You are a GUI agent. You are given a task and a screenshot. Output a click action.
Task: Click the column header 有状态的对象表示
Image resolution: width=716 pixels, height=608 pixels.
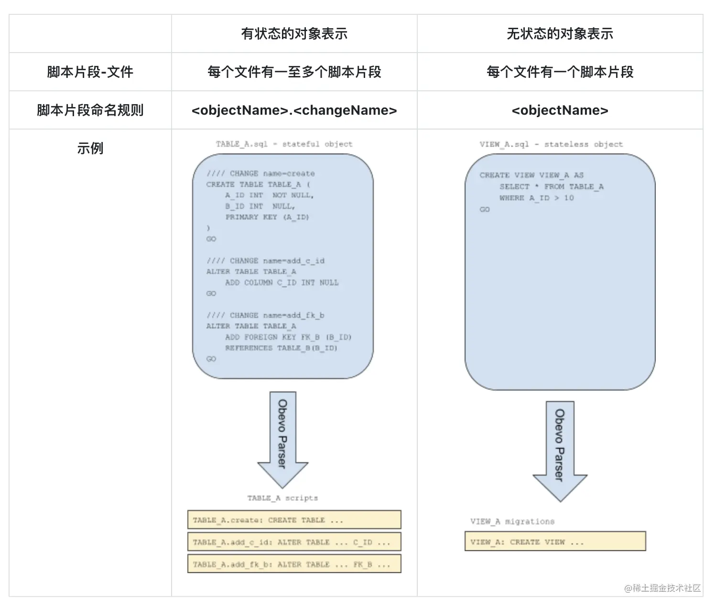(x=294, y=34)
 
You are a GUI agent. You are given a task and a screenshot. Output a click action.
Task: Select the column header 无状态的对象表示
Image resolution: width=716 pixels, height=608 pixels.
(x=560, y=34)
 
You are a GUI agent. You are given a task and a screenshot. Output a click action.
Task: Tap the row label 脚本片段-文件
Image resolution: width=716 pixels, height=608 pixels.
(x=90, y=72)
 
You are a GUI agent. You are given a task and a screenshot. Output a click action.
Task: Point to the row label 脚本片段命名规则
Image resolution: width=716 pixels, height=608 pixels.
(x=90, y=110)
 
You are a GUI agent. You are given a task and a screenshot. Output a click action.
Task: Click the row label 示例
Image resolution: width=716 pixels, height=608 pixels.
(x=90, y=149)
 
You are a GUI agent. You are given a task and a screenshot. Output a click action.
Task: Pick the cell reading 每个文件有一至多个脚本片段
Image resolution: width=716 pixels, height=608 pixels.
(x=294, y=72)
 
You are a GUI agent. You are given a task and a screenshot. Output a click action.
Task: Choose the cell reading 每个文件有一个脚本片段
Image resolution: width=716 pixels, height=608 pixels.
(x=560, y=72)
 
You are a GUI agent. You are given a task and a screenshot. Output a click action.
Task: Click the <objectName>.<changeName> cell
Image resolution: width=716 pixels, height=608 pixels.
(x=294, y=110)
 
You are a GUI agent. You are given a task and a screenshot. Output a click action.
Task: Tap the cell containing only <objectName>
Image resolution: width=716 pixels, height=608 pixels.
(x=560, y=110)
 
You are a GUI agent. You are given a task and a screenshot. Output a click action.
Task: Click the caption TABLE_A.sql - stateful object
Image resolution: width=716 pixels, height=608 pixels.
(x=284, y=144)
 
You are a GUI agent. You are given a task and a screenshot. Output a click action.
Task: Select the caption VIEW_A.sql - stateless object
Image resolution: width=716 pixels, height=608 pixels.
(x=551, y=144)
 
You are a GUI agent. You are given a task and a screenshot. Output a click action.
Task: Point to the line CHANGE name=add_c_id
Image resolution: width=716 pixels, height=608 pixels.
(x=266, y=261)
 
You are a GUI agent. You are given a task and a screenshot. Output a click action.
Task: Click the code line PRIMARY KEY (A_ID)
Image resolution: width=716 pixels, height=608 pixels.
(x=267, y=217)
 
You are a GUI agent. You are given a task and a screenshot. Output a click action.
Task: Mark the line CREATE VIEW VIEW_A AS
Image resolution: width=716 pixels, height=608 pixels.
(x=532, y=175)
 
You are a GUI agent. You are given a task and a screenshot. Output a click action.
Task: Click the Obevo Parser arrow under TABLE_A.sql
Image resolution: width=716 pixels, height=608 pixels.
(x=283, y=435)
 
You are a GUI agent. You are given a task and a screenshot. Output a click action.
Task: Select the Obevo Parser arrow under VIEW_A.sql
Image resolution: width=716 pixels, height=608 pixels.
(x=560, y=447)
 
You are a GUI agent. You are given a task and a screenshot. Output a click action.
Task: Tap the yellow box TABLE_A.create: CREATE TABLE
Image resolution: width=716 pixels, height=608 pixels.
(x=294, y=520)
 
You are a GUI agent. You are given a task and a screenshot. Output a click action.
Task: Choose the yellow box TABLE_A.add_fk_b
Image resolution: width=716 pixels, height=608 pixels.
(x=294, y=564)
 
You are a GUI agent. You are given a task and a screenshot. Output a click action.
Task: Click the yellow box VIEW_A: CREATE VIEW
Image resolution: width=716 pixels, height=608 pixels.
(x=555, y=542)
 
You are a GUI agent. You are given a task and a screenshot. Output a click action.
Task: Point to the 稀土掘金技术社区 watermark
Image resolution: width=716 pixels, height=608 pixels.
(x=662, y=588)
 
